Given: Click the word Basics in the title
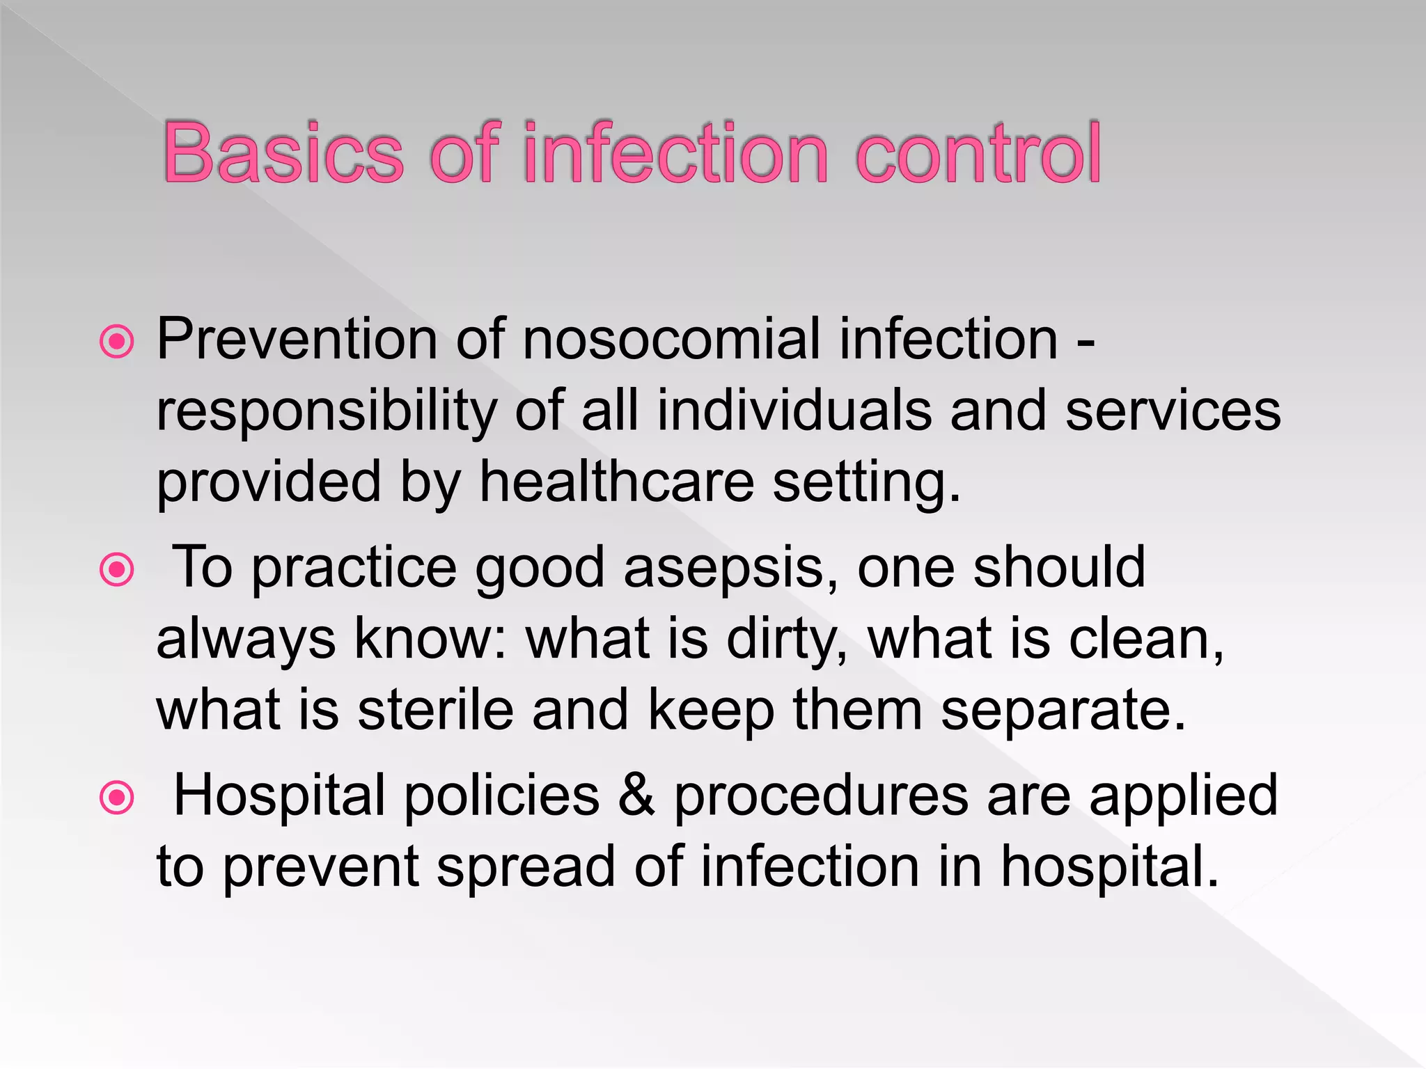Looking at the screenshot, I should click(x=283, y=152).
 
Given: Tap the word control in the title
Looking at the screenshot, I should click(x=978, y=152).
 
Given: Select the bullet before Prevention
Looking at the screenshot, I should click(x=117, y=341).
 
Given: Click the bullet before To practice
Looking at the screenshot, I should click(x=117, y=570).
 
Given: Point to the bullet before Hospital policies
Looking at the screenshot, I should click(x=117, y=798).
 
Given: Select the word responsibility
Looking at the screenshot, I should click(x=326, y=412).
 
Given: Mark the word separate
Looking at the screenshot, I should click(x=1063, y=711).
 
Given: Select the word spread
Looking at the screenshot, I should click(x=526, y=869).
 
